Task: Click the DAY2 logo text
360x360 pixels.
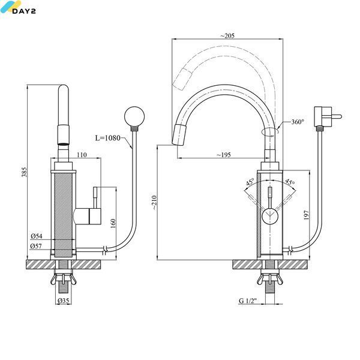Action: coord(24,11)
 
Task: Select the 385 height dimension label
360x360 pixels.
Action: coord(24,172)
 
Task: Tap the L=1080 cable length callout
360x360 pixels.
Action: coord(107,138)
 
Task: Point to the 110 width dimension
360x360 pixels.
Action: coord(82,155)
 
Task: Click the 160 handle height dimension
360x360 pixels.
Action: coord(113,223)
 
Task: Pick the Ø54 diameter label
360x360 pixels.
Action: coord(37,236)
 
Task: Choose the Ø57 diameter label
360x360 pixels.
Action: coord(36,246)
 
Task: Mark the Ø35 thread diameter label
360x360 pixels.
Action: coord(64,301)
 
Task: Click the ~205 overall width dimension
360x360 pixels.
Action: coord(227,35)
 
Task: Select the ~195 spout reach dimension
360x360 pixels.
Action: coord(224,155)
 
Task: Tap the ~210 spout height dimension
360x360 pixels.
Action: coord(154,202)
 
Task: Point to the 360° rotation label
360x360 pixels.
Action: coord(298,122)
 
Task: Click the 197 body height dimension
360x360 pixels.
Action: coord(306,215)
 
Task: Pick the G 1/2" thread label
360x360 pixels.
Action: coord(247,301)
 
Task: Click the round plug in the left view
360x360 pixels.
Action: coord(134,116)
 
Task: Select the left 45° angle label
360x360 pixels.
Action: coord(250,182)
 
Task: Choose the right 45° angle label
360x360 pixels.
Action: coord(290,182)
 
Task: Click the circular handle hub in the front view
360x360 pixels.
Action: coord(270,216)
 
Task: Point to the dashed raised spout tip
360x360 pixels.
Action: coord(182,79)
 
